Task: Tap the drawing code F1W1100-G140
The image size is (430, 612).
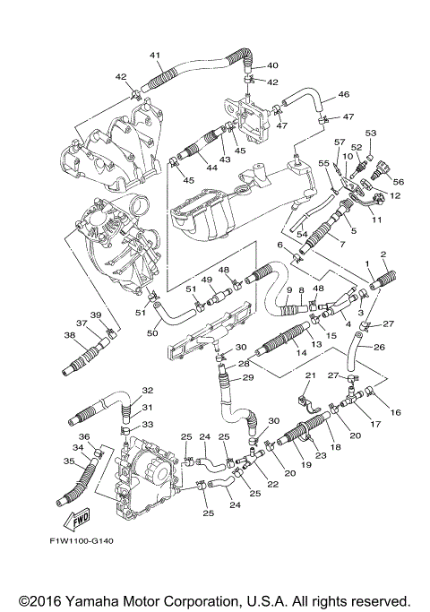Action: (x=82, y=541)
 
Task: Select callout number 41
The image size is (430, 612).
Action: (x=155, y=56)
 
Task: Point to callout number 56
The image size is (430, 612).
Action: (x=399, y=182)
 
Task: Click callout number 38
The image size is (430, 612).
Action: (x=70, y=334)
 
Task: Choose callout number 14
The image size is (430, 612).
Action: (x=290, y=353)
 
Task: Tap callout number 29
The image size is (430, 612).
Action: (x=248, y=377)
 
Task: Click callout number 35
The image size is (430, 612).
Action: (x=69, y=461)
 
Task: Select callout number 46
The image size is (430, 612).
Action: (x=344, y=94)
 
